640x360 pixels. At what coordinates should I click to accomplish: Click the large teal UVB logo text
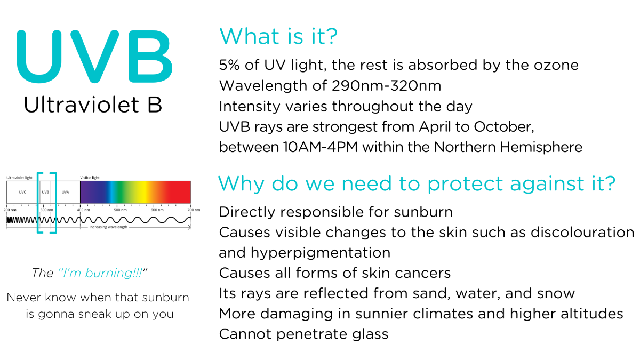tap(94, 57)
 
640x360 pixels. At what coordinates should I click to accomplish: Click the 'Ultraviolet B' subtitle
tap(93, 105)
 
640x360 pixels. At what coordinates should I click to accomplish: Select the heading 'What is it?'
tap(278, 36)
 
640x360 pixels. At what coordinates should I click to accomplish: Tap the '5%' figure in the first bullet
tap(229, 65)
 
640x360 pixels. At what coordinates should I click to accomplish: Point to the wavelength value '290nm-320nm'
tap(386, 86)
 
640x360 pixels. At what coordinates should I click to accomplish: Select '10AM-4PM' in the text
tap(321, 147)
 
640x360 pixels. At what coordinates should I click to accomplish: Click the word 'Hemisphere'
tap(541, 147)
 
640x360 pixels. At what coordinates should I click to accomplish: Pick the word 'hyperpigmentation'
tap(321, 253)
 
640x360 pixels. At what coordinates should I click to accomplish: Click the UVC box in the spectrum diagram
tap(22, 192)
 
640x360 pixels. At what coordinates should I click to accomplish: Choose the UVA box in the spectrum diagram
tap(66, 192)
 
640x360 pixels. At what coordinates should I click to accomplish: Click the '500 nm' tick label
tap(120, 210)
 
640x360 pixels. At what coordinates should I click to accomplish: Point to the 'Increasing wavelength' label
tap(108, 227)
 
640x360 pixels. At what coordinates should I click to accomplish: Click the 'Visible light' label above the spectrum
tap(90, 178)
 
